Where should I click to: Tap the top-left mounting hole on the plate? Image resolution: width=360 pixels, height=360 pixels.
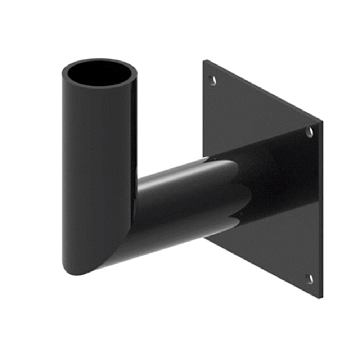(x=213, y=80)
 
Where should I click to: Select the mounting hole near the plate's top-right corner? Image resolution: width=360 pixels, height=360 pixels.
(x=310, y=132)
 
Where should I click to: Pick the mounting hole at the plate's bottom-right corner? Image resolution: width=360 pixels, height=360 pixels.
(x=310, y=279)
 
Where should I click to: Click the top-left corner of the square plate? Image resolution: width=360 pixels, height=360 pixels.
(x=204, y=61)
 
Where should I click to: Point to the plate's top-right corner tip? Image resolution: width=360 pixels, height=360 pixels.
(x=321, y=122)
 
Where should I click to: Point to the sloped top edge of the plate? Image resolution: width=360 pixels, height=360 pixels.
(x=263, y=91)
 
